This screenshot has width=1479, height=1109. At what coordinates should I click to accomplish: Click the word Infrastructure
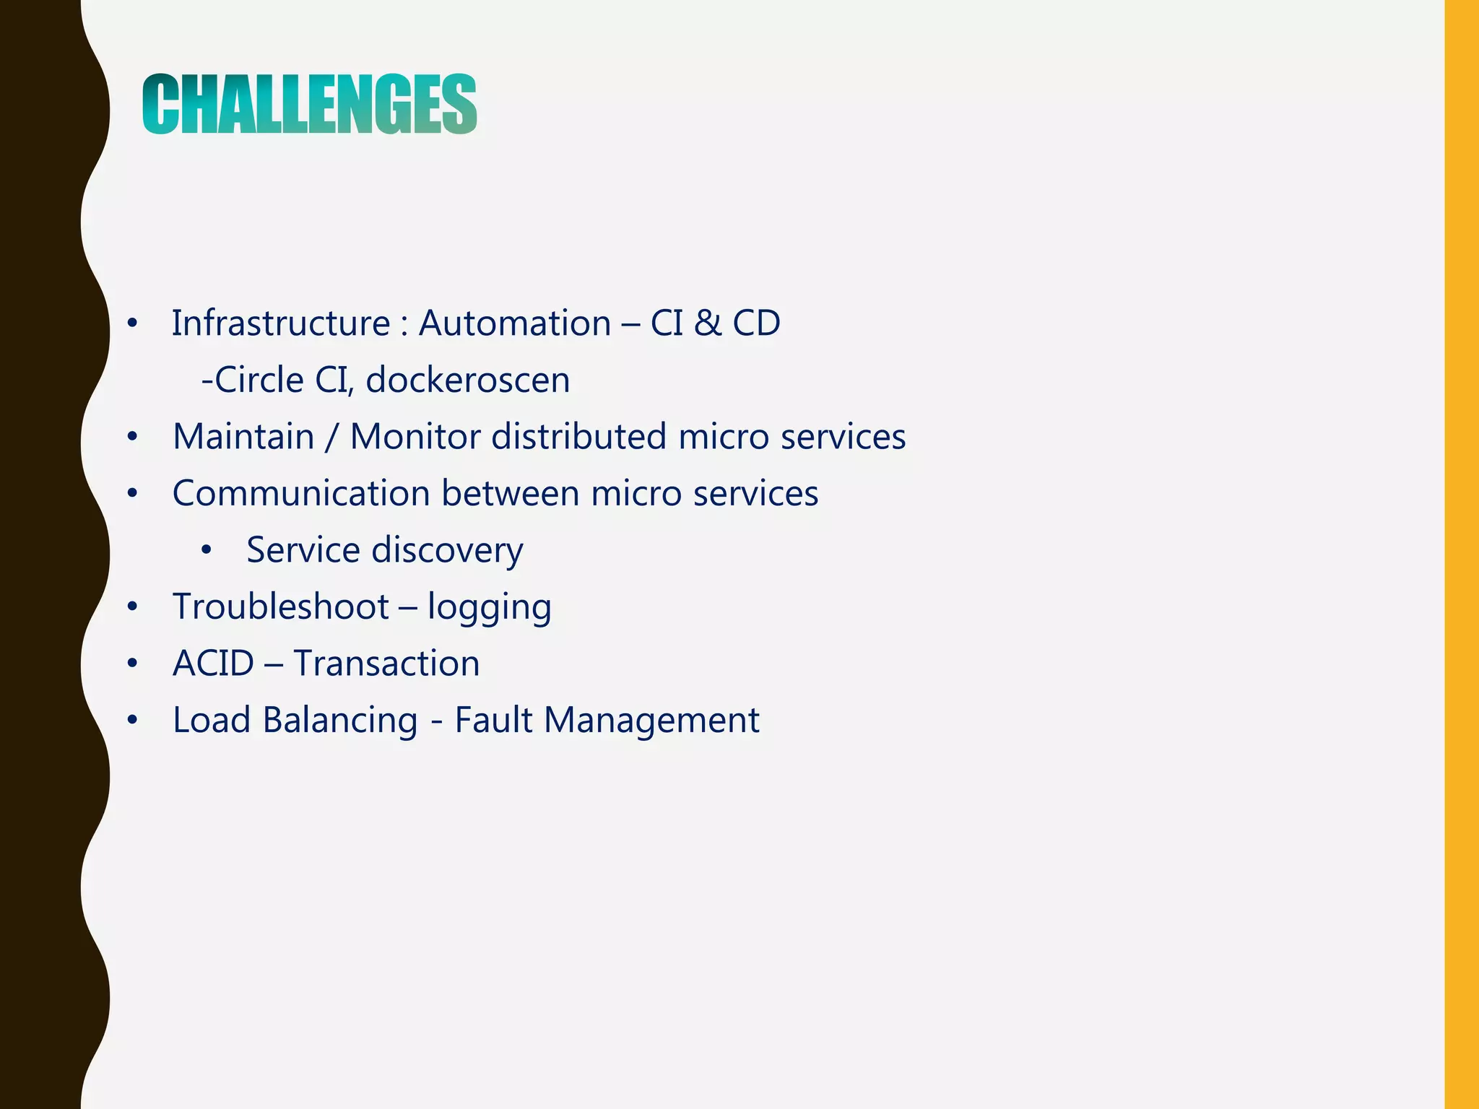(280, 323)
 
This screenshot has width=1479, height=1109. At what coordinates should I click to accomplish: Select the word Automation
(514, 323)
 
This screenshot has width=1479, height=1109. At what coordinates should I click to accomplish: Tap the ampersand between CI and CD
(707, 323)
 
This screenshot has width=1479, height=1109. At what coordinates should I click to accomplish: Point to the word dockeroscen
(467, 380)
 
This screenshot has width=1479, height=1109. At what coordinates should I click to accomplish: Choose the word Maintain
(243, 437)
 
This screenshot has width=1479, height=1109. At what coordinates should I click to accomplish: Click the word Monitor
(415, 437)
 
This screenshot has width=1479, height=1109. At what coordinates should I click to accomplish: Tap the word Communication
(301, 494)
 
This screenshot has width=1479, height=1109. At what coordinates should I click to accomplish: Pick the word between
(510, 494)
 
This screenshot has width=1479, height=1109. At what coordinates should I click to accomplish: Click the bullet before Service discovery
(207, 551)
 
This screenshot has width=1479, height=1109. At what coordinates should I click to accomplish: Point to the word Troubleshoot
(281, 606)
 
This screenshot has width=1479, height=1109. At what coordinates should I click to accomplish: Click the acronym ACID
(213, 664)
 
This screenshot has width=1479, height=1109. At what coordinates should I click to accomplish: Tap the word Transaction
(386, 664)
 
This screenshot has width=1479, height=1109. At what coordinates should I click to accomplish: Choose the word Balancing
(339, 721)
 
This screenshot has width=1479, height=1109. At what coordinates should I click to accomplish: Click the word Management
(651, 721)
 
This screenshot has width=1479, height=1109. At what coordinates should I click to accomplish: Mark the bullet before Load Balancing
(131, 721)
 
